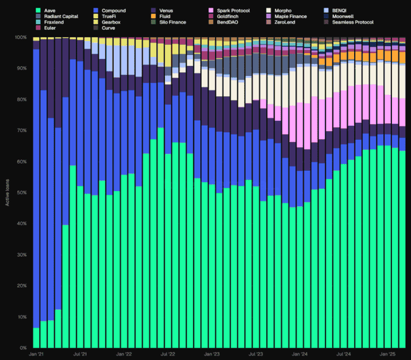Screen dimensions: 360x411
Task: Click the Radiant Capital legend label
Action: (x=61, y=16)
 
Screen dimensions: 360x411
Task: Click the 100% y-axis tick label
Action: (x=20, y=37)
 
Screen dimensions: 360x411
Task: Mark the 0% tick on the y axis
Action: (x=23, y=348)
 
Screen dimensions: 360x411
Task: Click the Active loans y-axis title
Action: (x=8, y=193)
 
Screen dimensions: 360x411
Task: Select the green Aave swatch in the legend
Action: (x=39, y=11)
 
